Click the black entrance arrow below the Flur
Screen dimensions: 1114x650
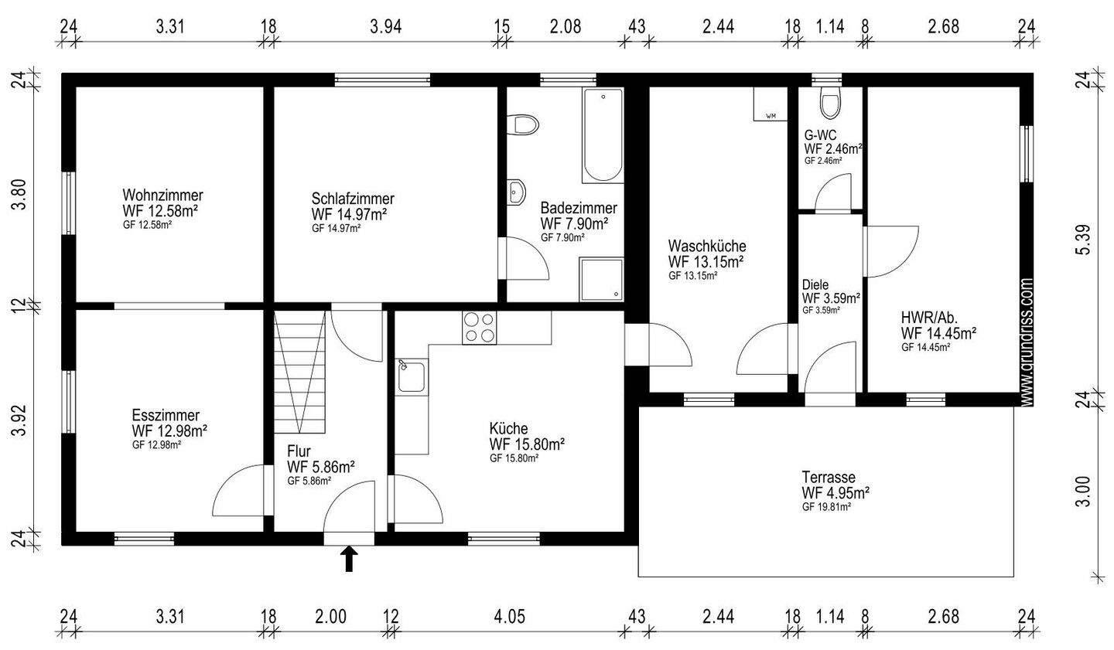point(349,559)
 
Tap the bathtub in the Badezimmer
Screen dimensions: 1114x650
point(603,135)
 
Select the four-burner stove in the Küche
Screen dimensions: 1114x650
point(479,328)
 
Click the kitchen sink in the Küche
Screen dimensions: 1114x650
point(412,377)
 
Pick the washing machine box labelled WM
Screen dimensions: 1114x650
point(771,104)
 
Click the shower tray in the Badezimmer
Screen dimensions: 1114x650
point(601,279)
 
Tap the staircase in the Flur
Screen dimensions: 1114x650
point(299,372)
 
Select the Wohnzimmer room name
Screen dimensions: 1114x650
point(162,195)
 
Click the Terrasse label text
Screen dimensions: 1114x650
point(829,478)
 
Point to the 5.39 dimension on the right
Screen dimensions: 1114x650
point(1083,240)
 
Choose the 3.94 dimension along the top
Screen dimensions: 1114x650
point(385,26)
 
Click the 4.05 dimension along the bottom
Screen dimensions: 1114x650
point(509,617)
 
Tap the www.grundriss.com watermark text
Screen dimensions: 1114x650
point(1027,342)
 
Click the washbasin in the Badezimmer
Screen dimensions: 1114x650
point(516,192)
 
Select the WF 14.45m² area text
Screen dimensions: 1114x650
point(938,333)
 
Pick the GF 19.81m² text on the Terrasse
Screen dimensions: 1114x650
point(826,507)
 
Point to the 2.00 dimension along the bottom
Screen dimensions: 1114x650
point(331,617)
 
